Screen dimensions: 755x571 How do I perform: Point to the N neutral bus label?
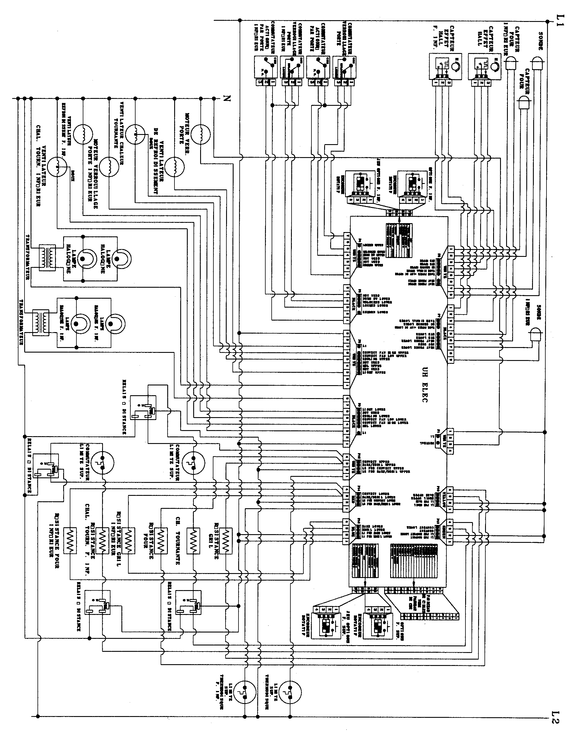point(227,99)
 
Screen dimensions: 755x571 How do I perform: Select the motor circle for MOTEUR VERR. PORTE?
point(201,135)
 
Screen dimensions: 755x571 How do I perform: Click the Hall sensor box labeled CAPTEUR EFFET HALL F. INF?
point(445,66)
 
